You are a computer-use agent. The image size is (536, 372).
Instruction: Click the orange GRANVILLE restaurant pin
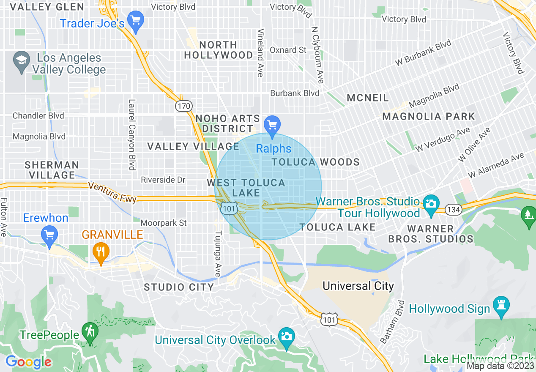pyautogui.click(x=101, y=252)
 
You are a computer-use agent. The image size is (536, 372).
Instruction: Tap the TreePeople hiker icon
pyautogui.click(x=90, y=332)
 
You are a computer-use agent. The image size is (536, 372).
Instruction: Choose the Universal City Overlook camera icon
pyautogui.click(x=286, y=337)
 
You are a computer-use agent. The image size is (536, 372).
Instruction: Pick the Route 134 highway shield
pyautogui.click(x=453, y=209)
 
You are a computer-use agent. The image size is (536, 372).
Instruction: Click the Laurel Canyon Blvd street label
pyautogui.click(x=132, y=134)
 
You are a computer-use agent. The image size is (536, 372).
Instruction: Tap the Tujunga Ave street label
pyautogui.click(x=218, y=254)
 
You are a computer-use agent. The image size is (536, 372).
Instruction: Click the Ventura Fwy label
pyautogui.click(x=112, y=191)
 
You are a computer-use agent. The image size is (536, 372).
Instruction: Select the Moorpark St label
pyautogui.click(x=164, y=223)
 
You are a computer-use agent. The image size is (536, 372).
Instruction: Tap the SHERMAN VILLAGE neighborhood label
pyautogui.click(x=52, y=170)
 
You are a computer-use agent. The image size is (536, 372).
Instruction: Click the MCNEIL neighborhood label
pyautogui.click(x=367, y=98)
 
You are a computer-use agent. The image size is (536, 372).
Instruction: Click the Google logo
pyautogui.click(x=28, y=362)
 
